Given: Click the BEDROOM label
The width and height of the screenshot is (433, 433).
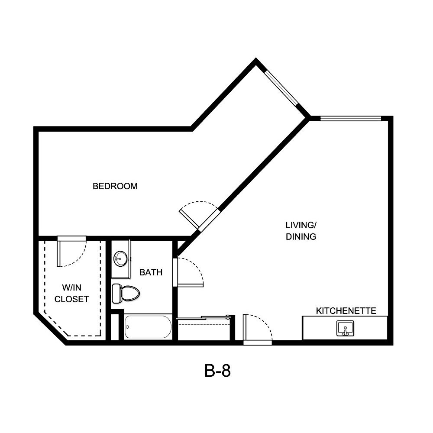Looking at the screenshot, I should [x=115, y=187].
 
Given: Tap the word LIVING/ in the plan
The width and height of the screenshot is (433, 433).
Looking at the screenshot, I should [x=301, y=225].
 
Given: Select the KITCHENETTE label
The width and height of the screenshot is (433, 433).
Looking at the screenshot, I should [x=346, y=311].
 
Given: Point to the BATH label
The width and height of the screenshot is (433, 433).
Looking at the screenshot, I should [x=151, y=272].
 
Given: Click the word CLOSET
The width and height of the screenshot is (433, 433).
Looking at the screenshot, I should [x=72, y=299].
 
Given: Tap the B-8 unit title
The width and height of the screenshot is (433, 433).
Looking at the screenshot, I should [x=217, y=371].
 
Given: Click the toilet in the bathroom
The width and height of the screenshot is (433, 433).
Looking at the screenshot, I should [x=126, y=293].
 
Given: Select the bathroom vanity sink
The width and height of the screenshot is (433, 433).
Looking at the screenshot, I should [x=120, y=259].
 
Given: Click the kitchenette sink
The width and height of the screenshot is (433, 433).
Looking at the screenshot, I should [x=345, y=328].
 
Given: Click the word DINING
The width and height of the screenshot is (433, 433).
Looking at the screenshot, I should [x=301, y=237].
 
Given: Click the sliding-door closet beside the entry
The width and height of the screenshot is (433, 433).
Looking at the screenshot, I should [x=204, y=329].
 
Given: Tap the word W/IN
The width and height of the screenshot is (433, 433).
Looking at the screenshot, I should [x=71, y=288].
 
